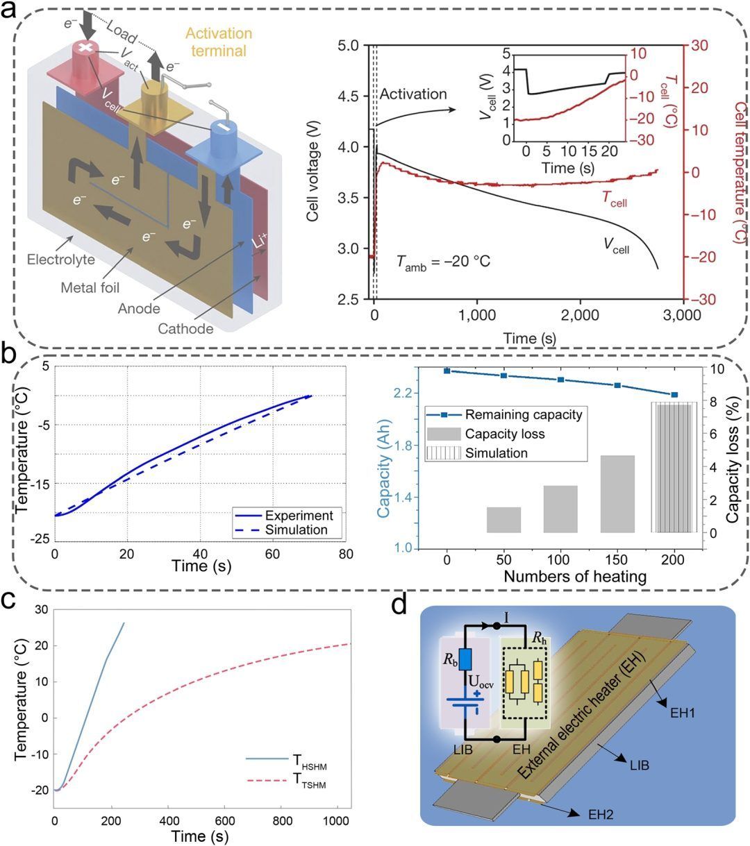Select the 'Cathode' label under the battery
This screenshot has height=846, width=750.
[185, 328]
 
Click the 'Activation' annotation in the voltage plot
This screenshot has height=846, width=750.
[412, 94]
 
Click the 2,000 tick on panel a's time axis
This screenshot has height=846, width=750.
[581, 315]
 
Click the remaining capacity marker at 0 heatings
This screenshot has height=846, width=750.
[447, 371]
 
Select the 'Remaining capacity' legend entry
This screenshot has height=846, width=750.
[523, 415]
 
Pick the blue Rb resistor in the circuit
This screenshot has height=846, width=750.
[465, 657]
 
